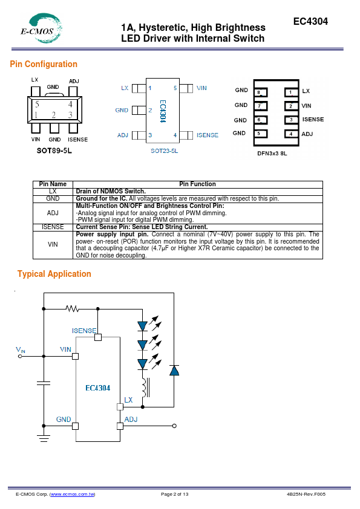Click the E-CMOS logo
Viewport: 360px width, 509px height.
[42, 28]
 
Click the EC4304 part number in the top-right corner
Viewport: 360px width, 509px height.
[310, 21]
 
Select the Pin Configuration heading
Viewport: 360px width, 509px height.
[44, 64]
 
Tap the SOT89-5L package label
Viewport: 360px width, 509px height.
[54, 151]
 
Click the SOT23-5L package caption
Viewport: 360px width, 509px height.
[165, 151]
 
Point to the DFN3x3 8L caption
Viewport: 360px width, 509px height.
[272, 154]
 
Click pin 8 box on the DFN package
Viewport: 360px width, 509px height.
[261, 92]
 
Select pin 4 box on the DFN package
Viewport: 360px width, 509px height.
[291, 134]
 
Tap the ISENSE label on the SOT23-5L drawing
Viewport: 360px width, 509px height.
[208, 135]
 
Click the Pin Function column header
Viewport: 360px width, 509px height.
[197, 184]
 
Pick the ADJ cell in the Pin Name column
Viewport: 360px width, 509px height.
[53, 213]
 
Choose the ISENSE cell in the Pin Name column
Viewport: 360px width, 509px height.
[53, 227]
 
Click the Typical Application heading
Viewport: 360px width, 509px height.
[54, 274]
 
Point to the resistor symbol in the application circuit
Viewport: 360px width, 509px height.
[73, 308]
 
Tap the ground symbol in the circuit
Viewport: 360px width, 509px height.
[44, 438]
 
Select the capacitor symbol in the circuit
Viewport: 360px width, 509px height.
[44, 383]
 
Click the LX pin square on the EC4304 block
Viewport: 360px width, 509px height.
[120, 407]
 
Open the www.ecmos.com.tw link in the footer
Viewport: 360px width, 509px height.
[73, 494]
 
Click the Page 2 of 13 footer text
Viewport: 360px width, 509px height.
[174, 494]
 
